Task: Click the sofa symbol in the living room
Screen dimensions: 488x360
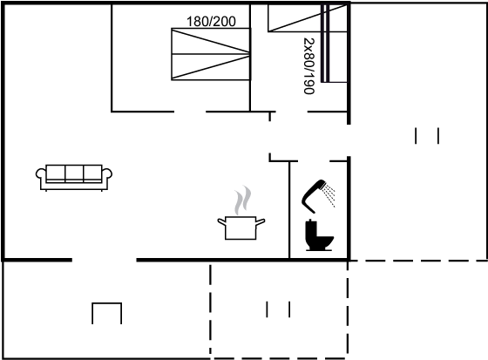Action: point(74,178)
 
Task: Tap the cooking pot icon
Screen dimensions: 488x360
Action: point(241,228)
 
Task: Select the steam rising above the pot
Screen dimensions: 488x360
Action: point(243,200)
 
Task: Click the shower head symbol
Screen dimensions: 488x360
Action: point(313,196)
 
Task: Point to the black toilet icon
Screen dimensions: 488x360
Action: point(319,235)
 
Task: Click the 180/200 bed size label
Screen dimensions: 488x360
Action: point(211,22)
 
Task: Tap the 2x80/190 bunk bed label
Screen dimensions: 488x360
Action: point(309,65)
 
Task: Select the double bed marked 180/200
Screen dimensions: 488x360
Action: point(211,54)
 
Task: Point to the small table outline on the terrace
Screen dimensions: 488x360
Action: point(106,303)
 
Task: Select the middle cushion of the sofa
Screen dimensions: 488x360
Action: point(74,173)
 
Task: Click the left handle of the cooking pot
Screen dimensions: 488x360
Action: point(221,221)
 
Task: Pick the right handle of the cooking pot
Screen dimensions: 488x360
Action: point(261,221)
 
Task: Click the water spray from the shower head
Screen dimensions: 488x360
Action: point(329,194)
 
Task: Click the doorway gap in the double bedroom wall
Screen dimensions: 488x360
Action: point(190,112)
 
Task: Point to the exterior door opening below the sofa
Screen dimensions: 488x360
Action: point(105,260)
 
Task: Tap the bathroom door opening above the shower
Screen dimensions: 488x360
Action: point(314,161)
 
